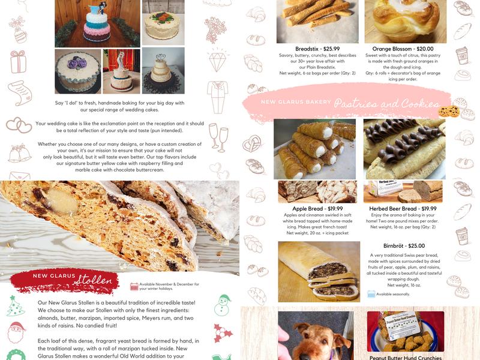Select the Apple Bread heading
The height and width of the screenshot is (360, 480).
(x=307, y=208)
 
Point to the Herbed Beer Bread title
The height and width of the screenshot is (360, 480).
(x=393, y=208)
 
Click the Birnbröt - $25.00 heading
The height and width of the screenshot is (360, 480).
(x=404, y=246)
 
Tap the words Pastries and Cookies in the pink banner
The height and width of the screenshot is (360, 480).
(x=387, y=103)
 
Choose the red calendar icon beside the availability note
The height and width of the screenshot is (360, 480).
(x=134, y=287)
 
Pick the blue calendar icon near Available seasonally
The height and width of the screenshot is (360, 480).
(x=371, y=294)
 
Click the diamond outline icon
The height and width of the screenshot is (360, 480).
(x=217, y=61)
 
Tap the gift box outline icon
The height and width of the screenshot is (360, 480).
(x=19, y=62)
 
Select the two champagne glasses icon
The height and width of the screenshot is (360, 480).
(x=218, y=137)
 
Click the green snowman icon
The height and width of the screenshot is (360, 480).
(x=222, y=305)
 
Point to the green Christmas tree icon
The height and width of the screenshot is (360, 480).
(x=16, y=305)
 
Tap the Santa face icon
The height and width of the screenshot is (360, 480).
(x=17, y=332)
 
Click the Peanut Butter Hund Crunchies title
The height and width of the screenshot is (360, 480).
(x=406, y=357)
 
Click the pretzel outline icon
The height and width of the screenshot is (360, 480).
(x=252, y=143)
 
